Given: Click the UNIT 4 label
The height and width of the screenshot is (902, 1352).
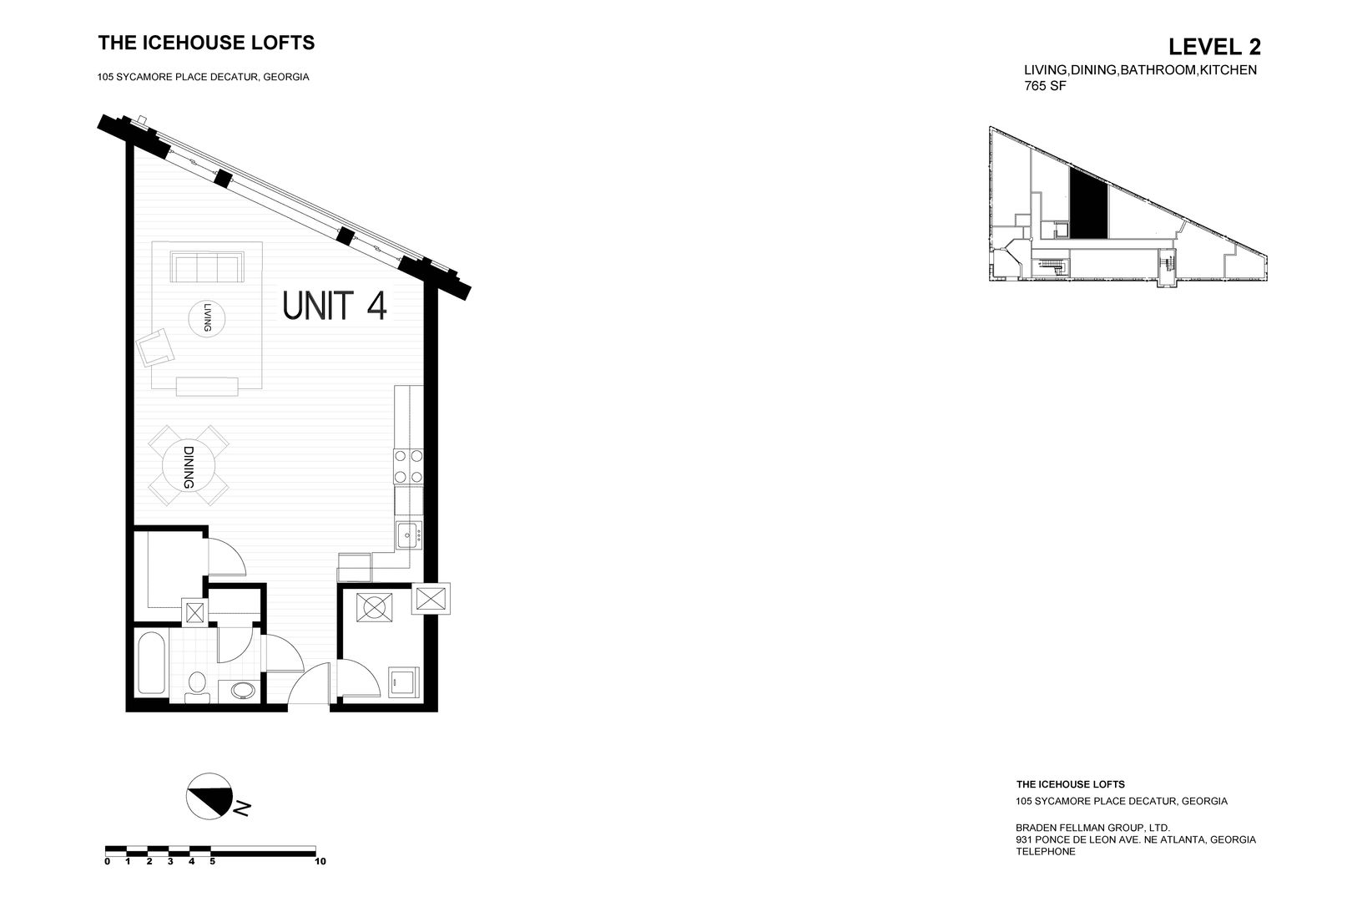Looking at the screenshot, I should [x=335, y=305].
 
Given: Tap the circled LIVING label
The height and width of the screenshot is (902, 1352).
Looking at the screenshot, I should [x=207, y=318].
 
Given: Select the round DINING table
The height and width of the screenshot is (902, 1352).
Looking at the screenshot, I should [x=189, y=466].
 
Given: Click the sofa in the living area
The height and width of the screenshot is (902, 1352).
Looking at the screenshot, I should [x=207, y=268].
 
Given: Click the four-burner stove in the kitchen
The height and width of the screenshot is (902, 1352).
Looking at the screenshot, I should [x=409, y=466].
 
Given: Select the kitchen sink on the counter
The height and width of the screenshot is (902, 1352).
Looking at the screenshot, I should [x=408, y=535].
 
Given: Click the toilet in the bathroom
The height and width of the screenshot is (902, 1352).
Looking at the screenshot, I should [x=197, y=685].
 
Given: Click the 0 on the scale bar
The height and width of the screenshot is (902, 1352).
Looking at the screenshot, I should [x=107, y=860].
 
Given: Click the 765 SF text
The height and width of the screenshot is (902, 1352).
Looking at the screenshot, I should [x=1044, y=85].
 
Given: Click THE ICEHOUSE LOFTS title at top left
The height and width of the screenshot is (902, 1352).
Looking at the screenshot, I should [x=206, y=43].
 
